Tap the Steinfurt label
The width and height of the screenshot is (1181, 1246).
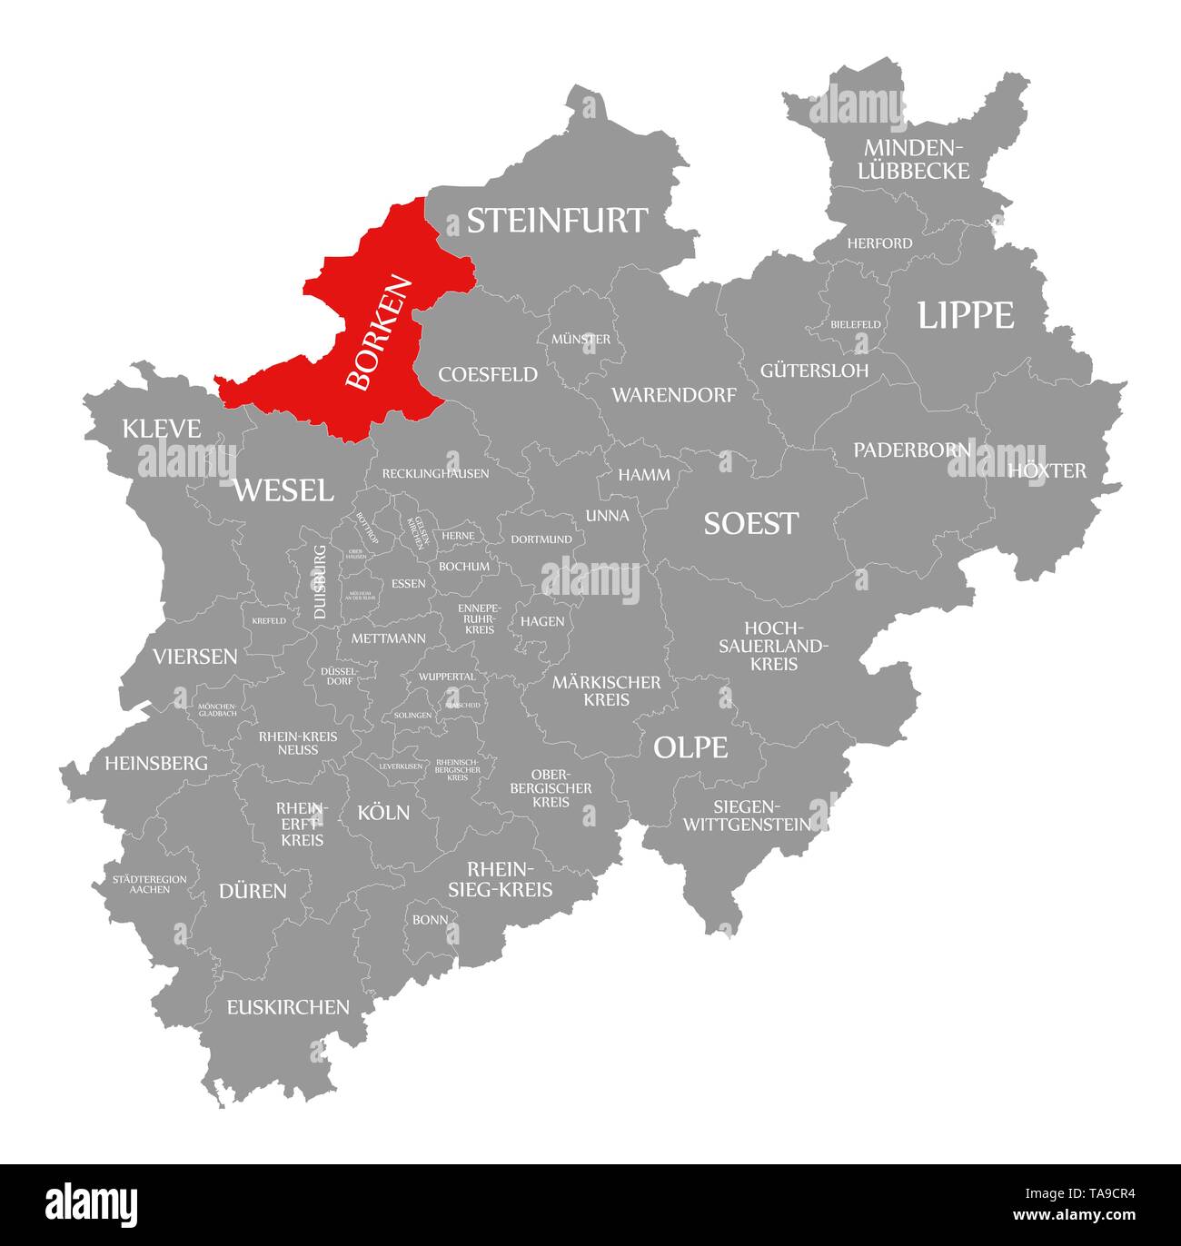click(557, 221)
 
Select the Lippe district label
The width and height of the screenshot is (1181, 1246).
click(965, 315)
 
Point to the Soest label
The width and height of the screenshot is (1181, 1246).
click(750, 523)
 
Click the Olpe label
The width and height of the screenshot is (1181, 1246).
click(690, 747)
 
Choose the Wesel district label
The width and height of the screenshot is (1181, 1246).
click(283, 490)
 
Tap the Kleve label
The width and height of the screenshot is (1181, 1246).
click(162, 429)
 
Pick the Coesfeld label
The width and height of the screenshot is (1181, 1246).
click(488, 374)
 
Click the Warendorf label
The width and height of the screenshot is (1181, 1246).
click(673, 395)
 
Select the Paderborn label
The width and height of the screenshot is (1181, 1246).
click(912, 450)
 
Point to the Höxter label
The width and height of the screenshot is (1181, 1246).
click(1047, 470)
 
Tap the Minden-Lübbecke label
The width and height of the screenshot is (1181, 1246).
click(916, 159)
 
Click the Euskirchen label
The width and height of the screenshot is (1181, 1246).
click(288, 1006)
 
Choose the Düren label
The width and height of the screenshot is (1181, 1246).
click(253, 891)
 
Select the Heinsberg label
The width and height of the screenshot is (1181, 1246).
click(156, 763)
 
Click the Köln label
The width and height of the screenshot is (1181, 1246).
click(383, 812)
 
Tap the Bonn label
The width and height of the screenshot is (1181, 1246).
click(430, 919)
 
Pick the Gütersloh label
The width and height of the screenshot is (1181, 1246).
click(814, 371)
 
